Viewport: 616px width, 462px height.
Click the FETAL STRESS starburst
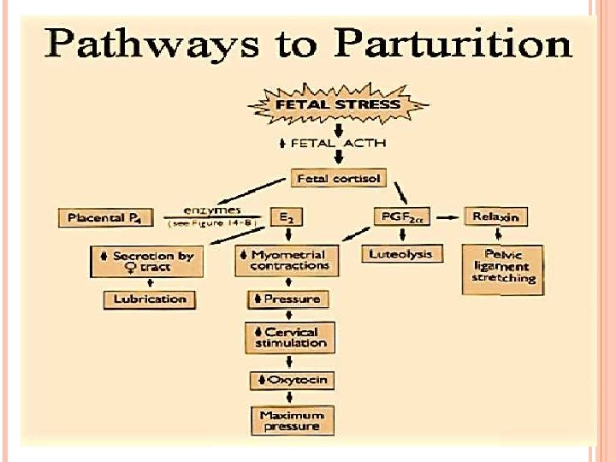[x=337, y=105]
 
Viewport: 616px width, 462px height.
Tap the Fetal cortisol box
[x=339, y=180]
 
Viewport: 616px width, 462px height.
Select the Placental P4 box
[x=104, y=217]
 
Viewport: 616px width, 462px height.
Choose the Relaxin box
[x=495, y=216]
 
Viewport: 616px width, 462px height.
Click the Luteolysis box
[x=401, y=253]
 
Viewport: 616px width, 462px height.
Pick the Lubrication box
[x=150, y=299]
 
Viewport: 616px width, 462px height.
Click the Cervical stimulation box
[x=291, y=337]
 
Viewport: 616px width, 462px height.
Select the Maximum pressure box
[x=291, y=420]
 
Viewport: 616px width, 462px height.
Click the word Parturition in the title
[x=454, y=43]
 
